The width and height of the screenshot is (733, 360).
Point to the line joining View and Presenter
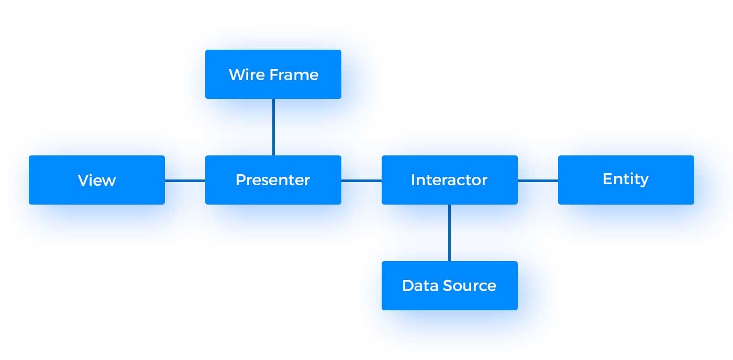(185, 181)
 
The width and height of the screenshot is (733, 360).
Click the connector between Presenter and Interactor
(361, 181)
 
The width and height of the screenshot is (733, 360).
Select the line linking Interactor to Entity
(538, 181)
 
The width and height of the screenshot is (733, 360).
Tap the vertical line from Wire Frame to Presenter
(273, 127)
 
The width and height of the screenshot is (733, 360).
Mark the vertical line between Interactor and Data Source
(449, 232)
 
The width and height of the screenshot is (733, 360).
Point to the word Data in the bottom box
(420, 286)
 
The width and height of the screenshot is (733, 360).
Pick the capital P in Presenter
(240, 180)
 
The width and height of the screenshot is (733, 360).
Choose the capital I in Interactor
(413, 180)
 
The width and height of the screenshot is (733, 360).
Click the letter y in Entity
(644, 181)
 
